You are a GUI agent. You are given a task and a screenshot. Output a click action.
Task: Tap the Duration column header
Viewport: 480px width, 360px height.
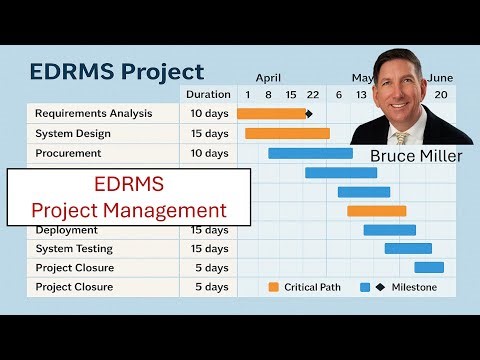(208, 94)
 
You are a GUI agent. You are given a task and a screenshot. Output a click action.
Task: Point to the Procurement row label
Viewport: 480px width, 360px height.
(68, 153)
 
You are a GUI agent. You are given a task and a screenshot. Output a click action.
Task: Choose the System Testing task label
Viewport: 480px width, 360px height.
(74, 248)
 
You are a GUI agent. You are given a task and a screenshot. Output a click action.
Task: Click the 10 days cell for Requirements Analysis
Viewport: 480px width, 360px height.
(209, 113)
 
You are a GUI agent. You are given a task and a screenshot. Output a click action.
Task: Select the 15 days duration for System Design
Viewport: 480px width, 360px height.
(209, 133)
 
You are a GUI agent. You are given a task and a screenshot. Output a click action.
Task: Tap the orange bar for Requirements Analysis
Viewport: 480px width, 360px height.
(271, 114)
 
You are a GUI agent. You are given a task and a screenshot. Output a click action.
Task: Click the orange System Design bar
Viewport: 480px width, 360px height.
(287, 133)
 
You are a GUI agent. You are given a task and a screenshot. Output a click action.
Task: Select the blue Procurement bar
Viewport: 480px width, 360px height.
(310, 153)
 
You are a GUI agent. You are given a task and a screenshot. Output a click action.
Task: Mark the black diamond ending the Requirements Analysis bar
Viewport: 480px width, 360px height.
(309, 114)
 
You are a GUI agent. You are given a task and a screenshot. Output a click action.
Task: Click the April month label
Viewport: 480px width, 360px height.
(268, 77)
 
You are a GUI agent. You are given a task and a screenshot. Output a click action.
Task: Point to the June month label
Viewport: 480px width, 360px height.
(440, 77)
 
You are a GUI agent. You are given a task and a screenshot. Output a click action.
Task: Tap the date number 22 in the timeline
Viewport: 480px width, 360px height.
(313, 94)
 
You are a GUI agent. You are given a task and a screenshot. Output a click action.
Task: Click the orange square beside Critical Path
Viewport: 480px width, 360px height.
(274, 287)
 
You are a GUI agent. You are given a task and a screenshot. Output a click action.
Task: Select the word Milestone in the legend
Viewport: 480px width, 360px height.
(413, 287)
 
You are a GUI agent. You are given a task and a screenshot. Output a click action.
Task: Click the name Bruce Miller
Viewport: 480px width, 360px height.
(415, 156)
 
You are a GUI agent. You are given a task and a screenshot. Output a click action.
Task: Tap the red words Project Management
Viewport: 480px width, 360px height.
(129, 210)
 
